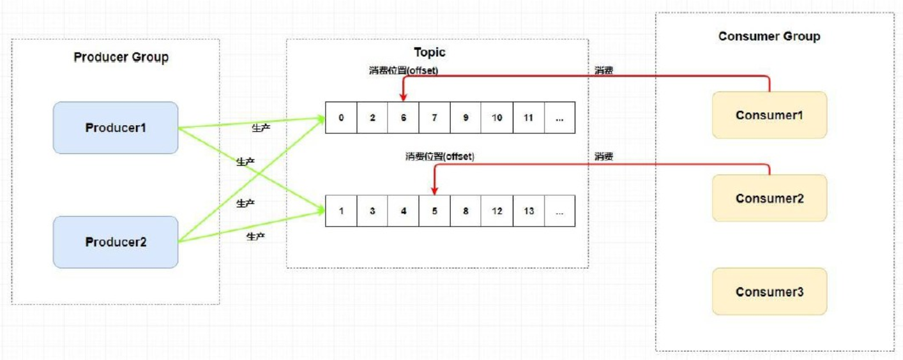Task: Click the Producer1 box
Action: [116, 128]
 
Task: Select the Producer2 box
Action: [116, 242]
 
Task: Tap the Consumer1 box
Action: [770, 115]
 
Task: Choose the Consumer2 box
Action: [770, 198]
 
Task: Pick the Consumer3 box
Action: [770, 292]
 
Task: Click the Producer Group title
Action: [121, 57]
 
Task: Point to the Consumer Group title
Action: [769, 36]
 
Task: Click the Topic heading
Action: [430, 52]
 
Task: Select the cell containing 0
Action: [341, 117]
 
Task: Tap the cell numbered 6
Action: [404, 117]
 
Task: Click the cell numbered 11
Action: [528, 117]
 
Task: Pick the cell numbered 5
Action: [435, 211]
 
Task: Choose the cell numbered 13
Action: [528, 211]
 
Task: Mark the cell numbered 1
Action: [341, 211]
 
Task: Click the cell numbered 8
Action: [466, 211]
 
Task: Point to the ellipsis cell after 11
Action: [559, 117]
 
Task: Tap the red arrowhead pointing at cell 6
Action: [404, 97]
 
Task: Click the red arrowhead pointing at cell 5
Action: [435, 190]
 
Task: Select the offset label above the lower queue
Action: [439, 156]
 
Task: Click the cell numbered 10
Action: [497, 117]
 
